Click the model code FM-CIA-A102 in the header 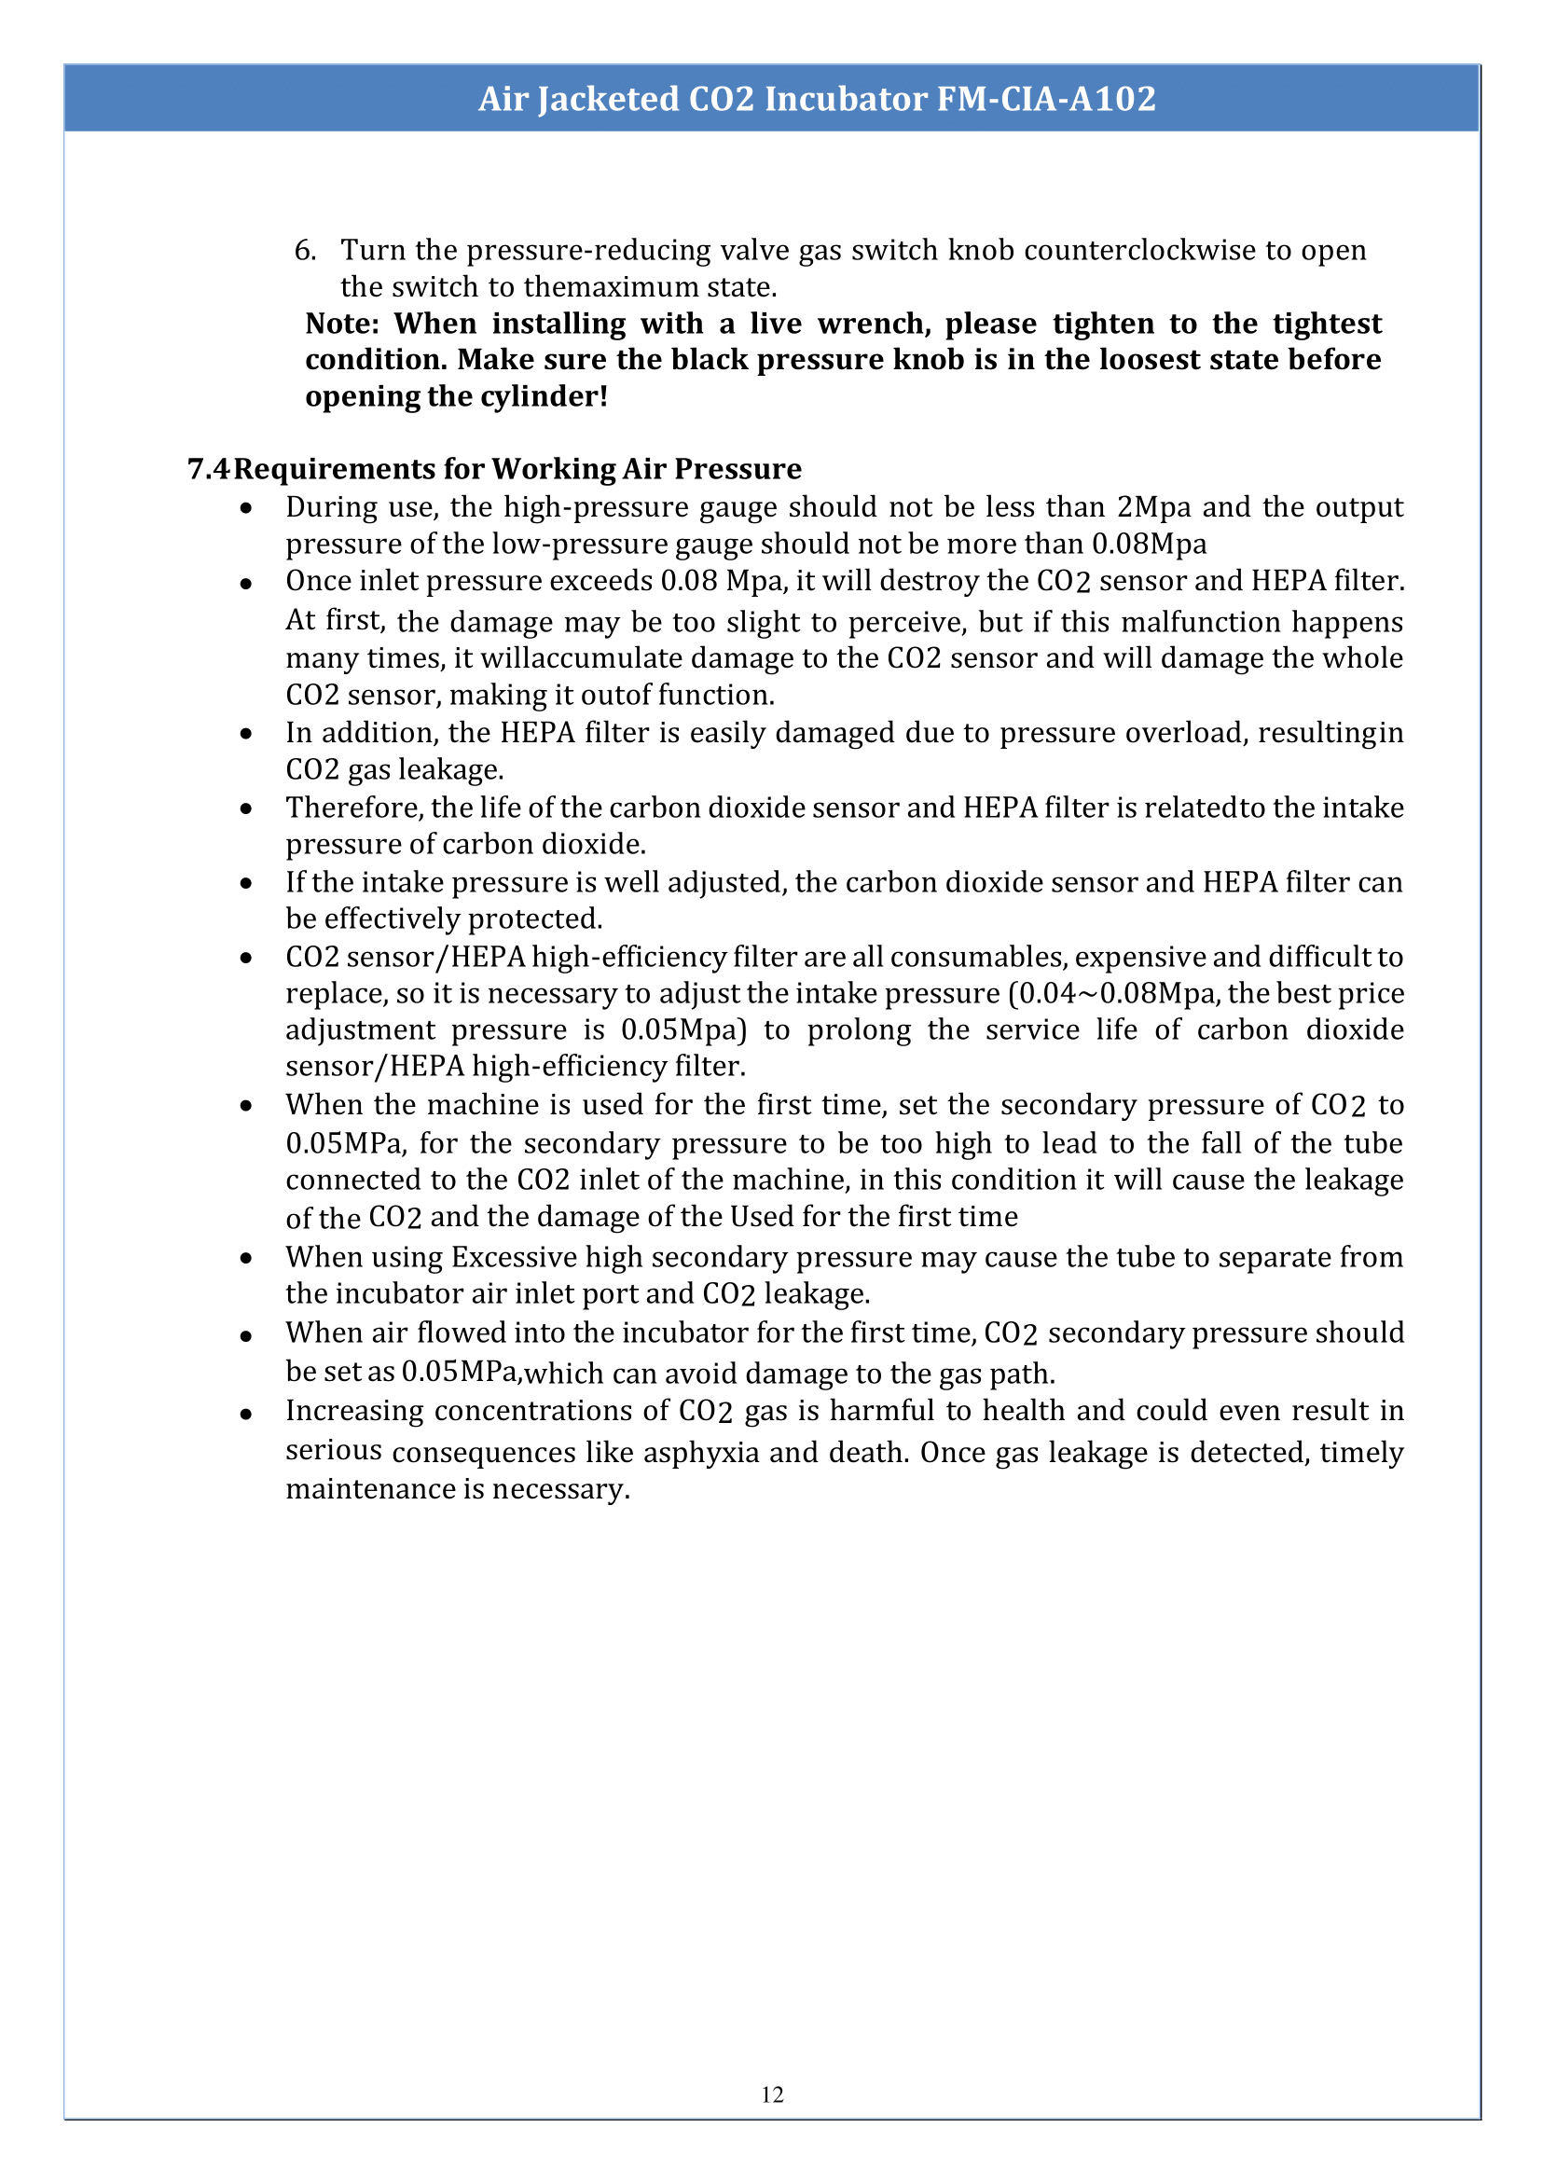[x=1046, y=99]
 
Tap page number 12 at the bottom [x=772, y=2094]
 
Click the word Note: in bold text [x=342, y=324]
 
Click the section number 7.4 [x=208, y=469]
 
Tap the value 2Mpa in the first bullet [x=1153, y=506]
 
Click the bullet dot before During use [x=246, y=508]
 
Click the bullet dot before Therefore [x=246, y=809]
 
